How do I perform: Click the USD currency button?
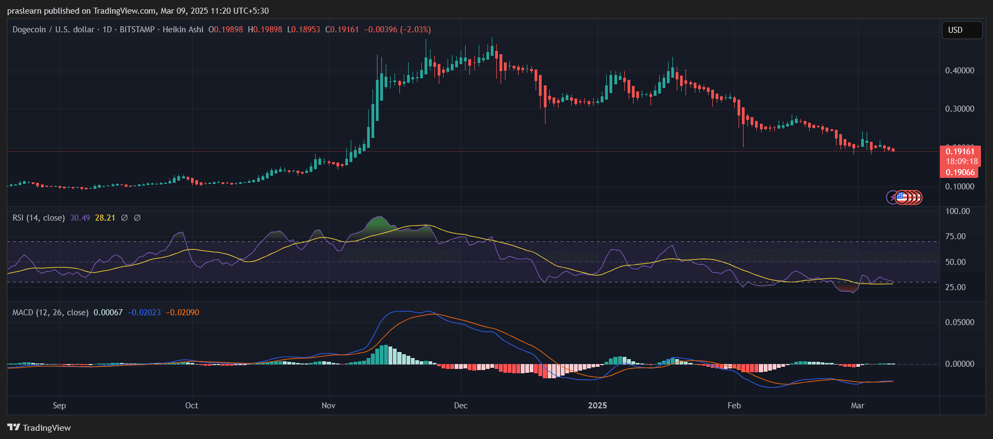pos(961,30)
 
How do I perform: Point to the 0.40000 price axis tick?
pos(960,71)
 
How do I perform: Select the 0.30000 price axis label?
pos(960,109)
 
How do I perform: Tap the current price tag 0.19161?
pos(960,152)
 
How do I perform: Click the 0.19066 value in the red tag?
pos(960,172)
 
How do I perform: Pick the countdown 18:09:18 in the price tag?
pos(961,161)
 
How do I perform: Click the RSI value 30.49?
pos(80,218)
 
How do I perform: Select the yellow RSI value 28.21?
pos(105,218)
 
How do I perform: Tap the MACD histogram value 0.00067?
pos(108,313)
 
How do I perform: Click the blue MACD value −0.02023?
pos(144,313)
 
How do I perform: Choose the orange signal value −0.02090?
pos(183,313)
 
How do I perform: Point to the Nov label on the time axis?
pos(328,406)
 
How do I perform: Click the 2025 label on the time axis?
pos(597,406)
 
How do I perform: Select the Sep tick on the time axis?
pos(59,406)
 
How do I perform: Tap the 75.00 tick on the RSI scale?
pos(955,236)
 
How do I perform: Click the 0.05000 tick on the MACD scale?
pos(960,322)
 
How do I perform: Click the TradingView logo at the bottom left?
pos(39,428)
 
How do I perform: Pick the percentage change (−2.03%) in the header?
pos(415,30)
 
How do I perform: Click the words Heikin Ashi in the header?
pos(183,30)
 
